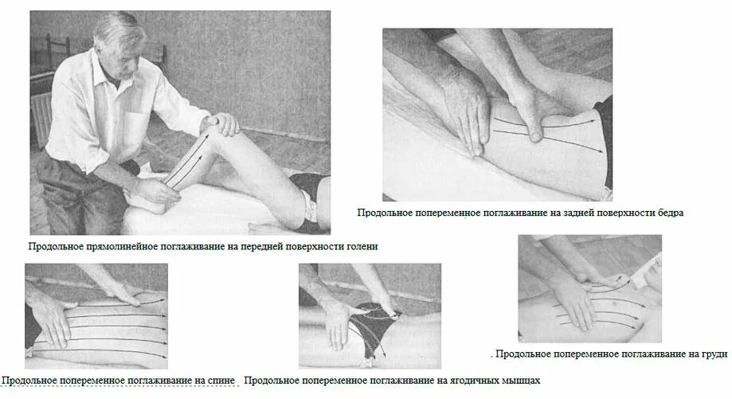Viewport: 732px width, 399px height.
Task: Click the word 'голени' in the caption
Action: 360,247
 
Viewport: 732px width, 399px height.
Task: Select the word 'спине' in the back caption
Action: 221,381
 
